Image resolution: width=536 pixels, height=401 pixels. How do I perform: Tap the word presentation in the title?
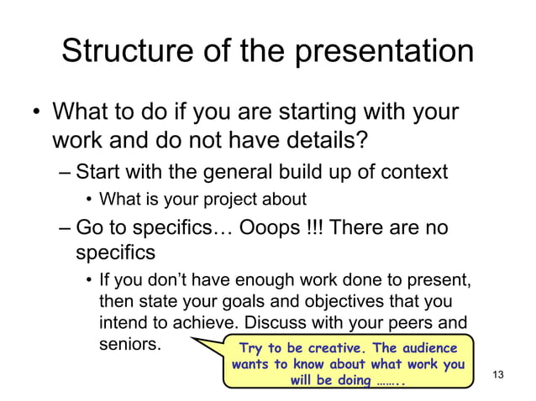pos(381,52)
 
